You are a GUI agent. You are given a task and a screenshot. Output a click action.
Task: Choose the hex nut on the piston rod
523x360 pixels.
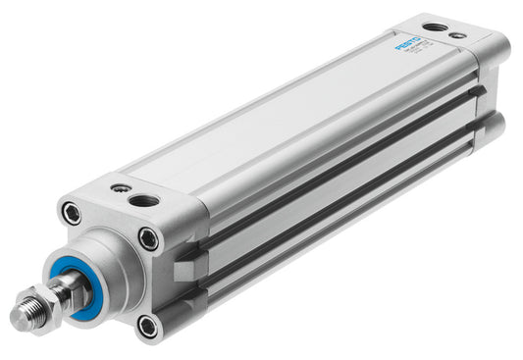pyautogui.click(x=48, y=298)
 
